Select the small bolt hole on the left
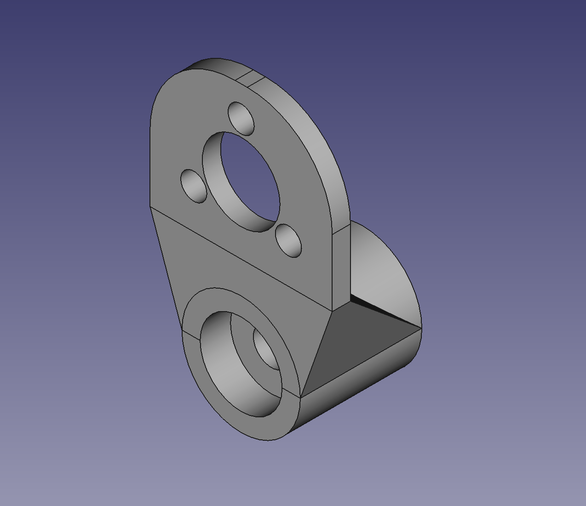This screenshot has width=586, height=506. tap(194, 186)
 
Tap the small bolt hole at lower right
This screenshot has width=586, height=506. tap(289, 241)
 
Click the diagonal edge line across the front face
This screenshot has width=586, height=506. tap(239, 257)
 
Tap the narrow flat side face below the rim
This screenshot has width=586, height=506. tap(341, 267)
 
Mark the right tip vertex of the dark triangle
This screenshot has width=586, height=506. tap(420, 329)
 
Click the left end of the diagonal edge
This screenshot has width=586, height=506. tap(150, 206)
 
